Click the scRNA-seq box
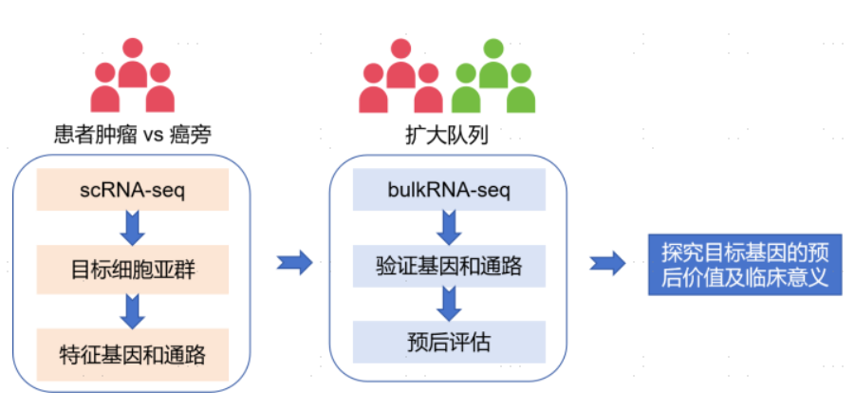click(132, 190)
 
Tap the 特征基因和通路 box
click(132, 353)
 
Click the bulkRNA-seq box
click(449, 191)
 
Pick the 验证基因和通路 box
click(449, 267)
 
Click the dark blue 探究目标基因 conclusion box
click(745, 265)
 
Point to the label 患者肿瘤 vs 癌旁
click(132, 137)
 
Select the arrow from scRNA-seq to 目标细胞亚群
click(132, 226)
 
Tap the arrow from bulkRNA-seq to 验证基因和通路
click(449, 228)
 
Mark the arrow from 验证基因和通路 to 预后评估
click(449, 303)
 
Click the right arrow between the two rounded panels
click(294, 263)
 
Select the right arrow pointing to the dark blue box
click(607, 263)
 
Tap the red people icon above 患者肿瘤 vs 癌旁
click(132, 77)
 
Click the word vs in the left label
click(154, 138)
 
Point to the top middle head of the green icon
click(493, 49)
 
